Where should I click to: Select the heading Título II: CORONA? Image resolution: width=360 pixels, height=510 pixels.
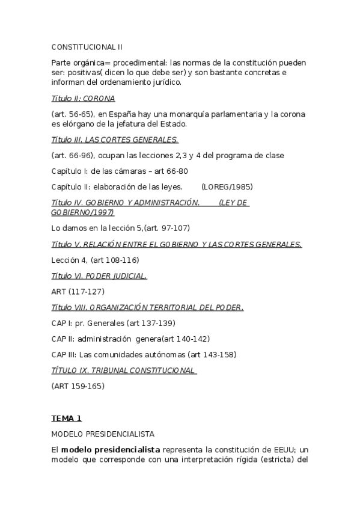click(83, 98)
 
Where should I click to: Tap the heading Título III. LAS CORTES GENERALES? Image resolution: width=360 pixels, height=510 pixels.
click(115, 140)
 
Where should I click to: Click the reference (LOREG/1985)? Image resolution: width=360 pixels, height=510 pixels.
click(228, 186)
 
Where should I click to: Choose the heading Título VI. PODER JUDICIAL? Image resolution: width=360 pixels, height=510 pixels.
click(99, 276)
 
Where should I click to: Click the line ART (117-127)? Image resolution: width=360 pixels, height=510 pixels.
click(78, 292)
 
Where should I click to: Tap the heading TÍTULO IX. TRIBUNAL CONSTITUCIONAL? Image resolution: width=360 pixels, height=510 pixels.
click(124, 370)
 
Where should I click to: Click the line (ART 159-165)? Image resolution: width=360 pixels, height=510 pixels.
click(78, 386)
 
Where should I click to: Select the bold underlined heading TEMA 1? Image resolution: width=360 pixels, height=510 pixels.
click(66, 418)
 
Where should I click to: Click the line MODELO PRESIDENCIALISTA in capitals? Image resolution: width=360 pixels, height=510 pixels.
click(103, 434)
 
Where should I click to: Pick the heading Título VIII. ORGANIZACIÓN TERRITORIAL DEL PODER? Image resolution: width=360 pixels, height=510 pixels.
click(147, 307)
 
